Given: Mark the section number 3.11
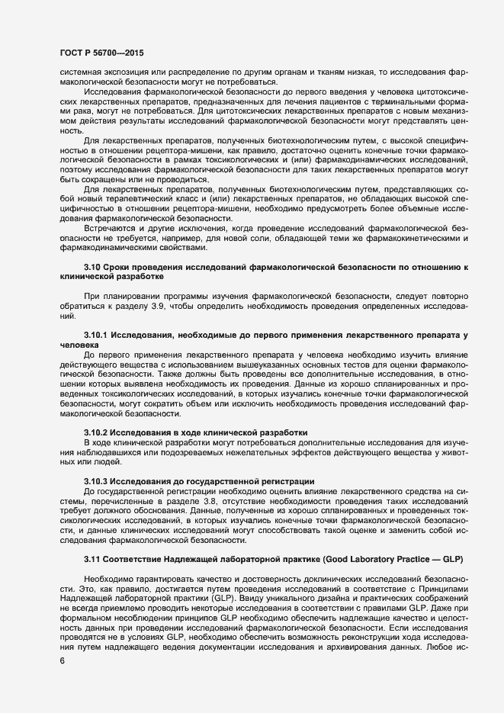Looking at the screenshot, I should pyautogui.click(x=93, y=560).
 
